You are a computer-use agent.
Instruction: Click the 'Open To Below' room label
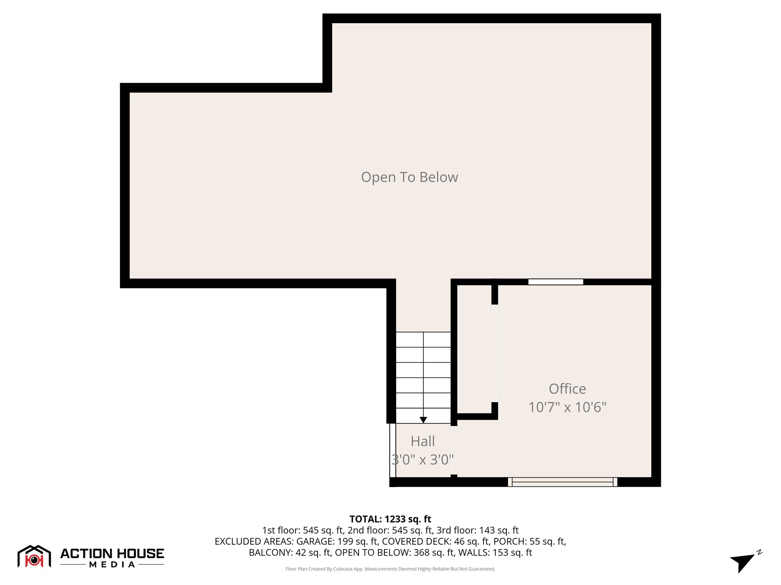[409, 177]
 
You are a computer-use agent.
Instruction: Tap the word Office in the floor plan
[567, 389]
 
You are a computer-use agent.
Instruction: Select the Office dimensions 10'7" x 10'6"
[567, 407]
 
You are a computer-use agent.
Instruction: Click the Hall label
[423, 441]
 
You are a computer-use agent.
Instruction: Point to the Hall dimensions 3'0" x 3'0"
[423, 460]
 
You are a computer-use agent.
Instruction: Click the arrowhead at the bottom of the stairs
[423, 420]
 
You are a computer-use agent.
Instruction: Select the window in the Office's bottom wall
[562, 482]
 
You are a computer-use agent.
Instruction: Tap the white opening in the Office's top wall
[556, 282]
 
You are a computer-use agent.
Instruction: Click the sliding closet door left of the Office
[495, 353]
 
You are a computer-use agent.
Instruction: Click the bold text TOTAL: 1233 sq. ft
[390, 519]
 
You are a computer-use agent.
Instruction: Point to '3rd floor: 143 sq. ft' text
[477, 530]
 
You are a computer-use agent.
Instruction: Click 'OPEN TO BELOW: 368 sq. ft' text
[395, 552]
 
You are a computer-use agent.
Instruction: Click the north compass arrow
[742, 561]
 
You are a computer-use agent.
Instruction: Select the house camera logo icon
[34, 557]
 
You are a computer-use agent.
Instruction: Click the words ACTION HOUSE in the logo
[112, 553]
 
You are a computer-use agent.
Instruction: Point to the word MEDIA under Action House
[112, 564]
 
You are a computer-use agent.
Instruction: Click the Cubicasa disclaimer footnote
[390, 569]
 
